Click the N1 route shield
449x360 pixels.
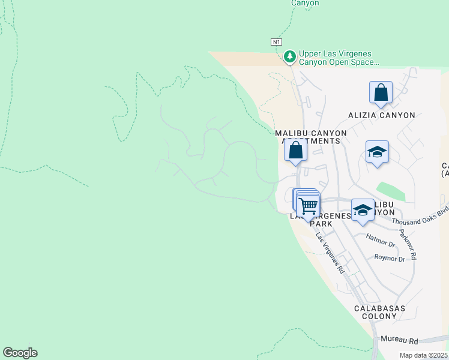(x=276, y=41)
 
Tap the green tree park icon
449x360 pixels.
(x=290, y=56)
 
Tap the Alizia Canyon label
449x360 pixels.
(x=382, y=115)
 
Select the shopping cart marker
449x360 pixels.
(x=309, y=206)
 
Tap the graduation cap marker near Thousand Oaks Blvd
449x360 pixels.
(x=363, y=210)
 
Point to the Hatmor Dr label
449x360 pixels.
(x=381, y=245)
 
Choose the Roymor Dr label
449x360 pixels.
(x=390, y=259)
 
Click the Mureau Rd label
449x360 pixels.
(x=399, y=340)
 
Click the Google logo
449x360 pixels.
(x=20, y=352)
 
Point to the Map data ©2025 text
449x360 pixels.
(x=424, y=355)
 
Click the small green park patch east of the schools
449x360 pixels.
(x=392, y=191)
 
